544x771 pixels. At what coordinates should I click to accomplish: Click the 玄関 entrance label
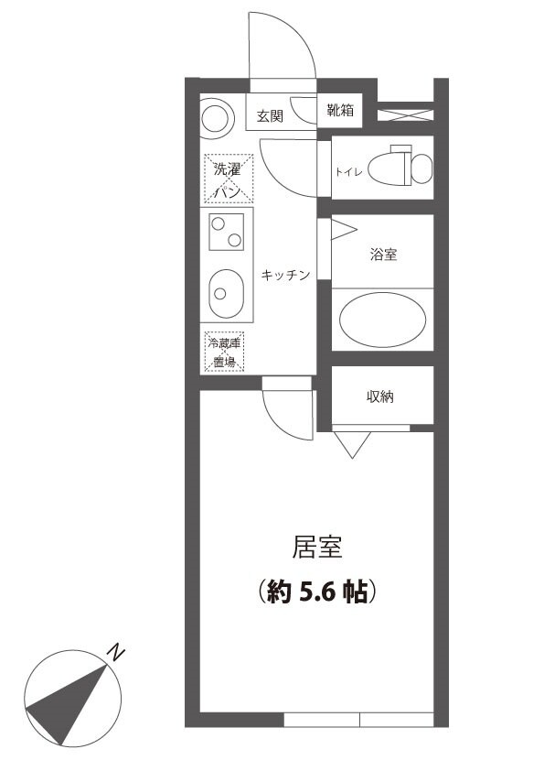(269, 116)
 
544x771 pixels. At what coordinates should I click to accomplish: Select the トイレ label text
(350, 171)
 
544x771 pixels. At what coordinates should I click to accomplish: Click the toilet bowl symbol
(410, 166)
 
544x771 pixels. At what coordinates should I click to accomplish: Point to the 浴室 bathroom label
(383, 255)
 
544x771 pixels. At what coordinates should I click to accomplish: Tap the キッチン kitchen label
(286, 275)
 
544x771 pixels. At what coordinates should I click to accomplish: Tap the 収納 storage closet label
(381, 396)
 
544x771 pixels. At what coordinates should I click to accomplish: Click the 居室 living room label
(317, 548)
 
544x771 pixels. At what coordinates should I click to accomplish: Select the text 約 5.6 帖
(317, 592)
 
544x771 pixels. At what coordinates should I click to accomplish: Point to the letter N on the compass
(115, 652)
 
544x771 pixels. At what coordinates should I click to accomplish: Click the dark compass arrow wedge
(69, 700)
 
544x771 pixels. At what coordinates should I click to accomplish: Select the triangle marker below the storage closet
(352, 445)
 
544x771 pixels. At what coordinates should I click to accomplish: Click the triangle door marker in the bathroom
(343, 229)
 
